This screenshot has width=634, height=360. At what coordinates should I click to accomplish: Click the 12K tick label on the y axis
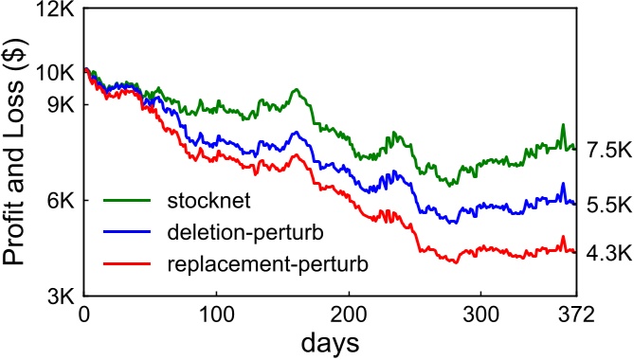point(57,12)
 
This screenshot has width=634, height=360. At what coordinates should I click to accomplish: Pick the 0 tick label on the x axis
point(85,315)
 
